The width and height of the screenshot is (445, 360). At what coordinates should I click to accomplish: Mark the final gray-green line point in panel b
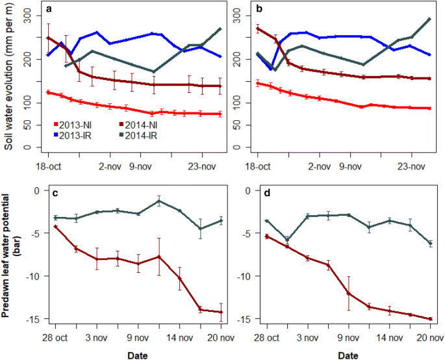coord(429,19)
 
